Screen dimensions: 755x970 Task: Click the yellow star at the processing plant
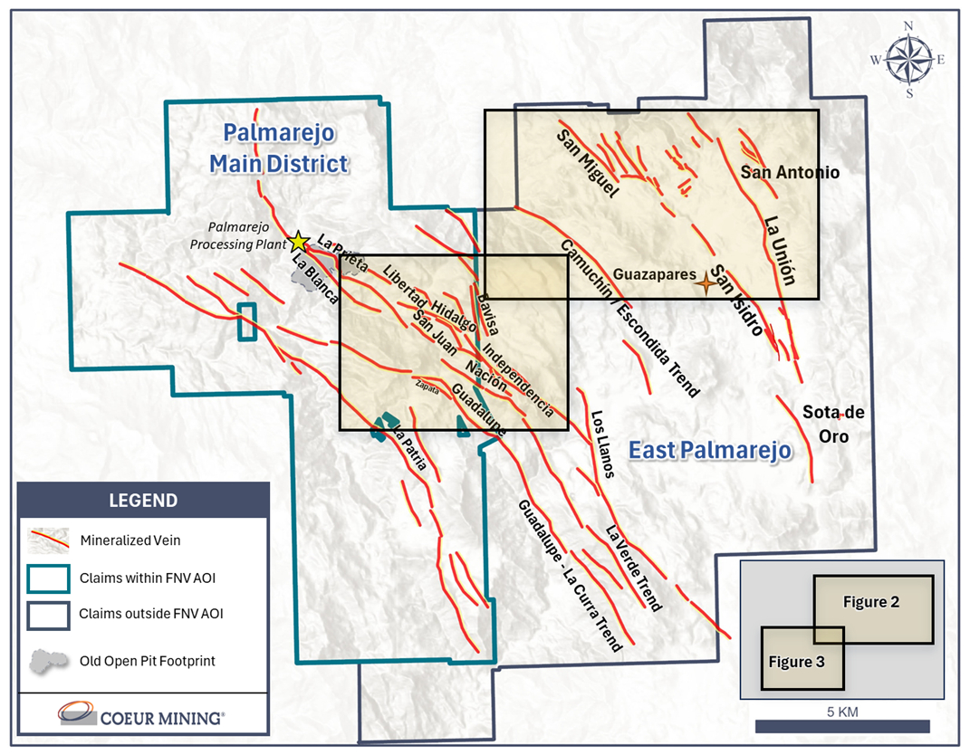pyautogui.click(x=297, y=241)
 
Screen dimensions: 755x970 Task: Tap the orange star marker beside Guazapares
pyautogui.click(x=704, y=283)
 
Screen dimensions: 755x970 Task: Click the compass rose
pyautogui.click(x=909, y=60)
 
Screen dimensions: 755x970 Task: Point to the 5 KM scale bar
pyautogui.click(x=842, y=726)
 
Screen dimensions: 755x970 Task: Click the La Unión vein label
pyautogui.click(x=780, y=251)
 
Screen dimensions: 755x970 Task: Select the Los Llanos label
pyautogui.click(x=602, y=444)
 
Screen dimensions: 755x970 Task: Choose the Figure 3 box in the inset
pyautogui.click(x=792, y=662)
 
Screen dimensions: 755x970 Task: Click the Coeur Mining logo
pyautogui.click(x=142, y=717)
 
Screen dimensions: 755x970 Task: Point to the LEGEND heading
pyautogui.click(x=143, y=500)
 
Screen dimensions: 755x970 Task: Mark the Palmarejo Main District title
pyautogui.click(x=279, y=148)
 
